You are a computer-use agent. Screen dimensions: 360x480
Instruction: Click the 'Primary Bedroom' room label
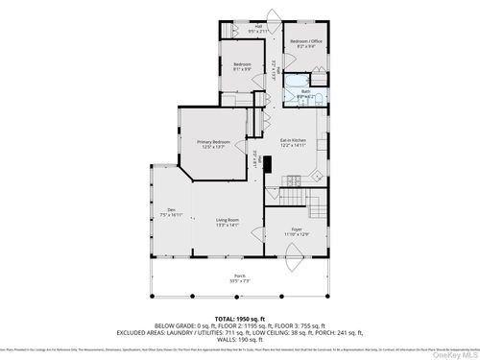click(x=212, y=141)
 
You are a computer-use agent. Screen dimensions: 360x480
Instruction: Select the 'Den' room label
click(x=172, y=210)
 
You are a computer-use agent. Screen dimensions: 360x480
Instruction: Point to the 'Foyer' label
click(x=297, y=228)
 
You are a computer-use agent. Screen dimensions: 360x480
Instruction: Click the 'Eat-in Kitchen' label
click(x=293, y=140)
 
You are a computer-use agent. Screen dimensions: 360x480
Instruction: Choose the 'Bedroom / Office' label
click(x=306, y=42)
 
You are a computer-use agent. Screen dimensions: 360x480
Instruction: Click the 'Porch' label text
click(x=239, y=276)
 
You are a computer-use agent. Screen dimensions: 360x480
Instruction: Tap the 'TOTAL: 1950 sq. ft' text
click(x=239, y=316)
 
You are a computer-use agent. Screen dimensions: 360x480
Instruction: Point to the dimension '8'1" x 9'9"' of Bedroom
click(x=242, y=69)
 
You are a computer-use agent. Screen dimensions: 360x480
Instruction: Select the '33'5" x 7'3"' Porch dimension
click(x=239, y=282)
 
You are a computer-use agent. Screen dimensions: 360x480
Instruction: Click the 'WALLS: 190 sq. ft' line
click(x=239, y=338)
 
